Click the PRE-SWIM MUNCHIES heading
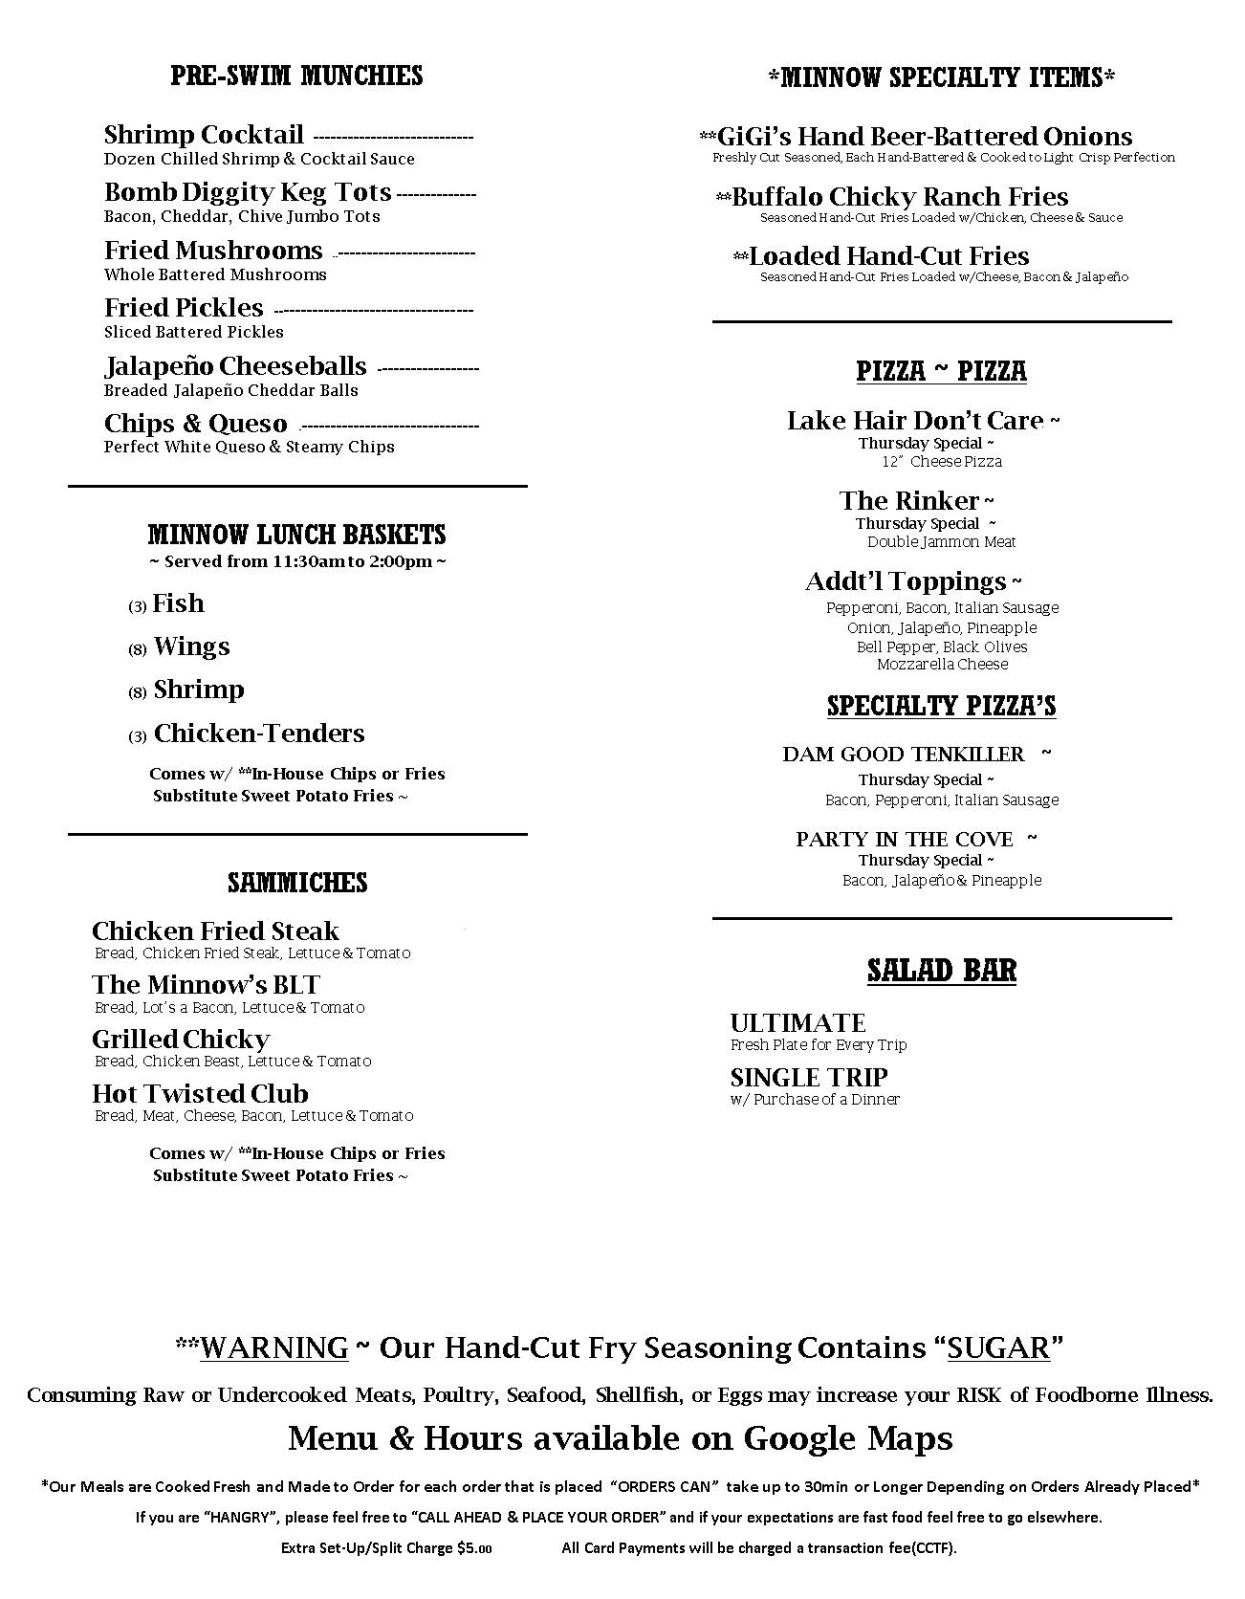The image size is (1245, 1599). (296, 76)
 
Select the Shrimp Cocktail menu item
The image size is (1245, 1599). (204, 135)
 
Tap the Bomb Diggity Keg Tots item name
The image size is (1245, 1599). (248, 192)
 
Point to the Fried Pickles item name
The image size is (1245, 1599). (184, 308)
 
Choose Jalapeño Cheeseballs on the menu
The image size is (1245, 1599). (235, 366)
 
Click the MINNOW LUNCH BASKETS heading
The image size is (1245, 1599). (296, 535)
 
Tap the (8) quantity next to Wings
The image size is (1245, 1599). (138, 650)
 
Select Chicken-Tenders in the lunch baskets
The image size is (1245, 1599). (259, 734)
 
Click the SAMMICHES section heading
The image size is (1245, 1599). (296, 882)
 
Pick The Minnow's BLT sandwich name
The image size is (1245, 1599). (206, 985)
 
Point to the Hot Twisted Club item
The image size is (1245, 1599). (200, 1094)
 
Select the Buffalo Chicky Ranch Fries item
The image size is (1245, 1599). (900, 197)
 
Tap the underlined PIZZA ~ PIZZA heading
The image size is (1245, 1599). (941, 371)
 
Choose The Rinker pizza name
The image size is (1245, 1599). (909, 501)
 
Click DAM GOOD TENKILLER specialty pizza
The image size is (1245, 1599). (903, 755)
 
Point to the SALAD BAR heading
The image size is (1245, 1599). (941, 971)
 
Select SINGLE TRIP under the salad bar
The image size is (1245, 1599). (809, 1078)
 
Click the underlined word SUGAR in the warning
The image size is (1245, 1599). (999, 1348)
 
